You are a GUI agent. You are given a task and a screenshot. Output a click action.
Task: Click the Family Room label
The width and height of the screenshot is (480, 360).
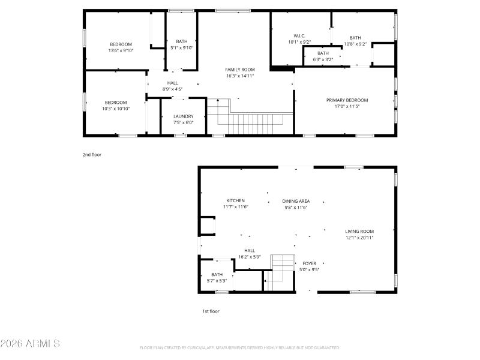(x=240, y=70)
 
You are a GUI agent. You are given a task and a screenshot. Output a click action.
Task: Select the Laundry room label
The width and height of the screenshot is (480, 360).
(x=183, y=116)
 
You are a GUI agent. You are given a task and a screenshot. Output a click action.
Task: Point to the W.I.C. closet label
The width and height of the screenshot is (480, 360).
(x=299, y=36)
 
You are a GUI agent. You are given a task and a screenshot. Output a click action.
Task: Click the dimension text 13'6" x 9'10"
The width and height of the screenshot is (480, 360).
(x=121, y=51)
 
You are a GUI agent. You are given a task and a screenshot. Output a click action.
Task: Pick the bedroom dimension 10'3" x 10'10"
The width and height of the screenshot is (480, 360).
(x=116, y=109)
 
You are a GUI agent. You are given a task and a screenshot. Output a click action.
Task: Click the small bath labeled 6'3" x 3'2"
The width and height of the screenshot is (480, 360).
(x=323, y=56)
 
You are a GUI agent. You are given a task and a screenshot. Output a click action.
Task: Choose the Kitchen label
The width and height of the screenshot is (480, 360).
(x=235, y=200)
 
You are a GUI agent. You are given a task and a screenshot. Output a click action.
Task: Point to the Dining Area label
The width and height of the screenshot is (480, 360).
(x=296, y=201)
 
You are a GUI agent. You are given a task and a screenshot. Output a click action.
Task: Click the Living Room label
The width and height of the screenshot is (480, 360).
(x=359, y=231)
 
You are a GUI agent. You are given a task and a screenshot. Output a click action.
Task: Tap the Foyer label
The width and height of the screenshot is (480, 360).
(x=309, y=263)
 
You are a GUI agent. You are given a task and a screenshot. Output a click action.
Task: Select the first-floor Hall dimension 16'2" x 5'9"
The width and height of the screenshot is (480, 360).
(x=250, y=257)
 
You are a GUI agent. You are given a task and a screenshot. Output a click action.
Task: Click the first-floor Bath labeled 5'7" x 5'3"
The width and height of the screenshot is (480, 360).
(x=217, y=277)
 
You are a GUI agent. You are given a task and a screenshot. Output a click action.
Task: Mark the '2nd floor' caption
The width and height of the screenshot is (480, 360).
(x=92, y=155)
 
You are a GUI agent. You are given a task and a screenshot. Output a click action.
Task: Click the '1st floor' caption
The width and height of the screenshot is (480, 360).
(x=211, y=311)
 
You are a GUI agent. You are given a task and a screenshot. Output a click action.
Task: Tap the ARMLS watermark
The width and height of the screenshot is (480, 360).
(x=30, y=344)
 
